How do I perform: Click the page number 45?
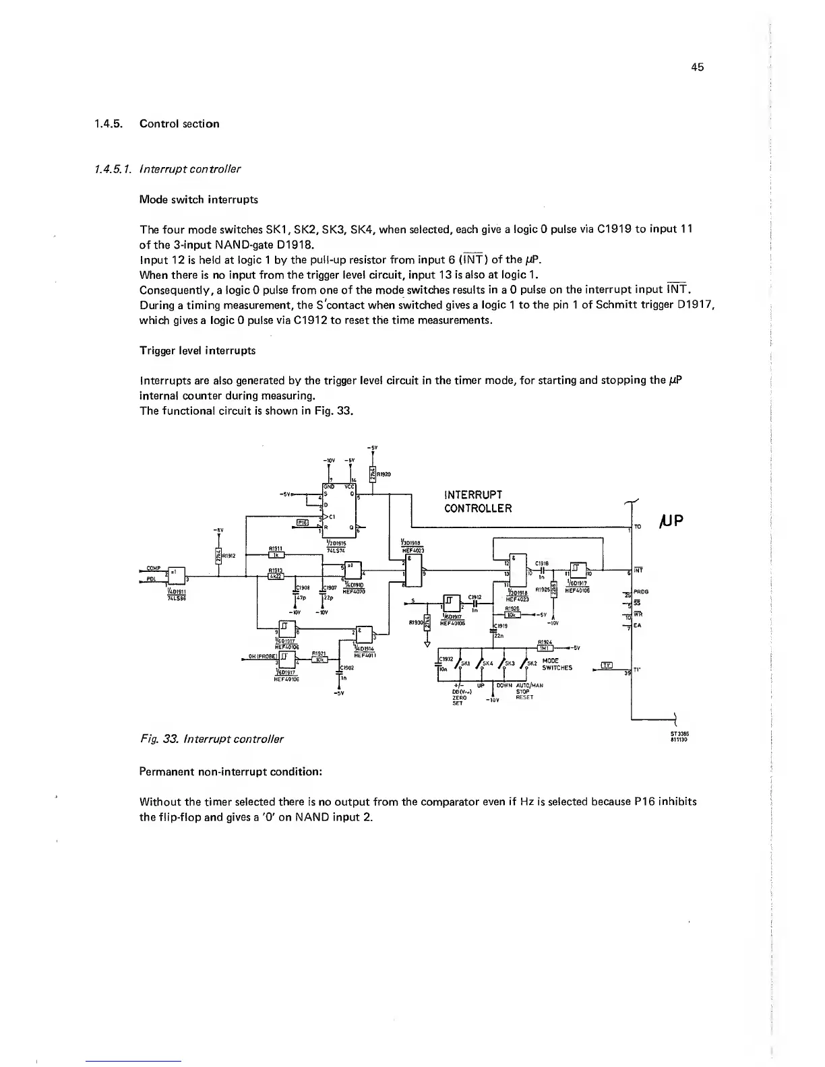click(x=698, y=67)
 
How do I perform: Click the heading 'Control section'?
click(x=179, y=124)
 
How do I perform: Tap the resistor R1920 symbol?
click(x=373, y=474)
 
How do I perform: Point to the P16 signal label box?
click(x=303, y=522)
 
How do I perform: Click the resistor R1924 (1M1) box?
click(x=545, y=649)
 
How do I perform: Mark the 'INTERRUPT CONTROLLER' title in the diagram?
click(x=478, y=501)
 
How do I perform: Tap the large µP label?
click(x=673, y=521)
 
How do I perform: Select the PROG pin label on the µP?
click(x=640, y=591)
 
